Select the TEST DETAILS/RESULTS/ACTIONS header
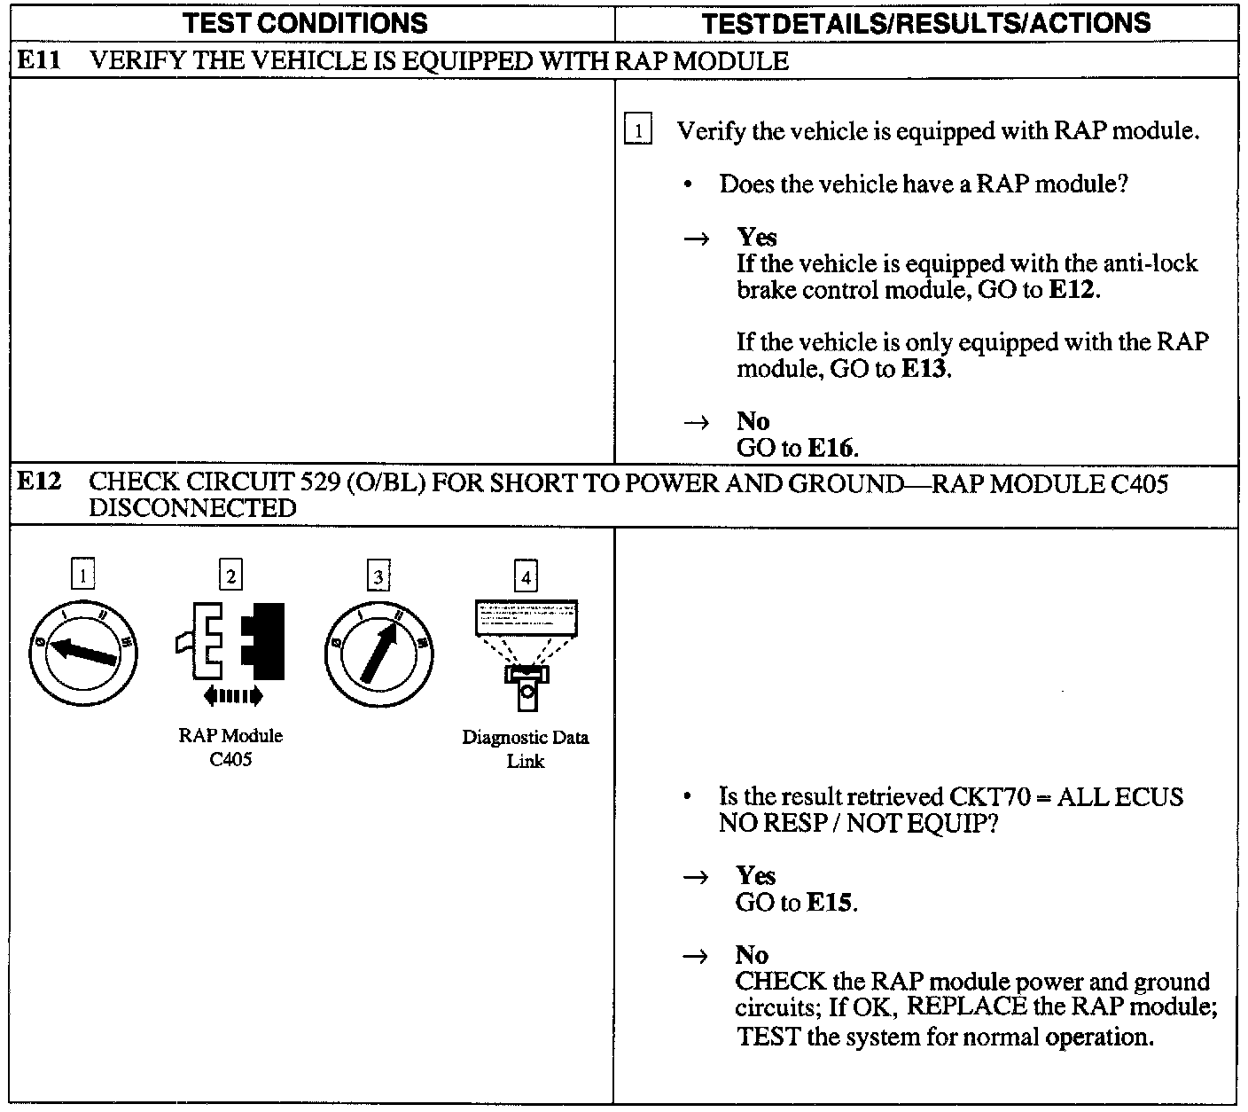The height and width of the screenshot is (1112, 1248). (925, 23)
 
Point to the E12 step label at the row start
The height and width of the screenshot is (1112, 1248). (40, 482)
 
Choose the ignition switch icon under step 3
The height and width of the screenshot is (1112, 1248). (378, 654)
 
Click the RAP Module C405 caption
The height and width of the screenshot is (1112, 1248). (230, 748)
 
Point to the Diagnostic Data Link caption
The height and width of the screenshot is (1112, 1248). (526, 749)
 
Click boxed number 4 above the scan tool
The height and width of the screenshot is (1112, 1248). (526, 577)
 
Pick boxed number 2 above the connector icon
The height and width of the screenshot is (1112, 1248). (230, 576)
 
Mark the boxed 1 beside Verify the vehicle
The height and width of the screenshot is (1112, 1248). (638, 130)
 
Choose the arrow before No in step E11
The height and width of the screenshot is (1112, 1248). (698, 422)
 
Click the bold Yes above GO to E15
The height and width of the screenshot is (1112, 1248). (755, 875)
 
